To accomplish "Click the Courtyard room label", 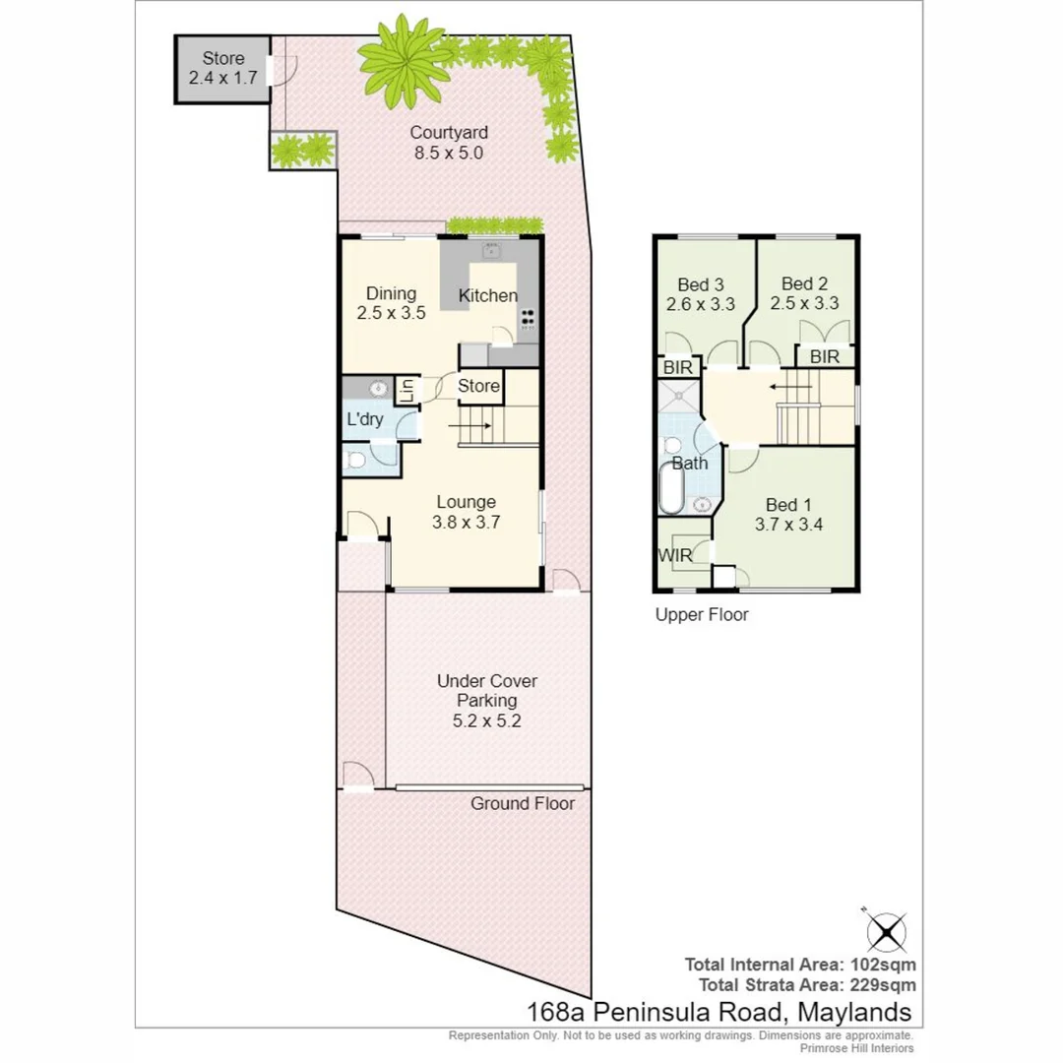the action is pyautogui.click(x=449, y=133).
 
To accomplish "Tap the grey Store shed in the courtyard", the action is pyautogui.click(x=223, y=69).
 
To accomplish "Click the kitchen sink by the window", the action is pyautogui.click(x=491, y=252).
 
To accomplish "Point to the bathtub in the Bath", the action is pyautogui.click(x=671, y=488).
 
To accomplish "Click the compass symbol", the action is pyautogui.click(x=886, y=932).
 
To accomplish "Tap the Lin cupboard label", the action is pyautogui.click(x=407, y=392).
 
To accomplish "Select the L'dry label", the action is pyautogui.click(x=365, y=419).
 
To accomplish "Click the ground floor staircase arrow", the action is pyautogui.click(x=469, y=426).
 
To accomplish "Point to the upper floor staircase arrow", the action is pyautogui.click(x=790, y=387).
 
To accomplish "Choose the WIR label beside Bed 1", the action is pyautogui.click(x=675, y=555).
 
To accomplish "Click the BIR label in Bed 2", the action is pyautogui.click(x=825, y=356).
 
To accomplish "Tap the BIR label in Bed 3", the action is pyautogui.click(x=678, y=367).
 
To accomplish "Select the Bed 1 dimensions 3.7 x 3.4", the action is pyautogui.click(x=789, y=525).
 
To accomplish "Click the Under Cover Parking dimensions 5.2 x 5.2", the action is pyautogui.click(x=487, y=720).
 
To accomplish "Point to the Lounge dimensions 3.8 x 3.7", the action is pyautogui.click(x=467, y=522).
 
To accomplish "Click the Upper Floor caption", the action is pyautogui.click(x=702, y=615).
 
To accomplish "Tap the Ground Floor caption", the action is pyautogui.click(x=523, y=803).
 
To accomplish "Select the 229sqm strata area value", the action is pyautogui.click(x=883, y=985).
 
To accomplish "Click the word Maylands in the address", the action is pyautogui.click(x=854, y=1012).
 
